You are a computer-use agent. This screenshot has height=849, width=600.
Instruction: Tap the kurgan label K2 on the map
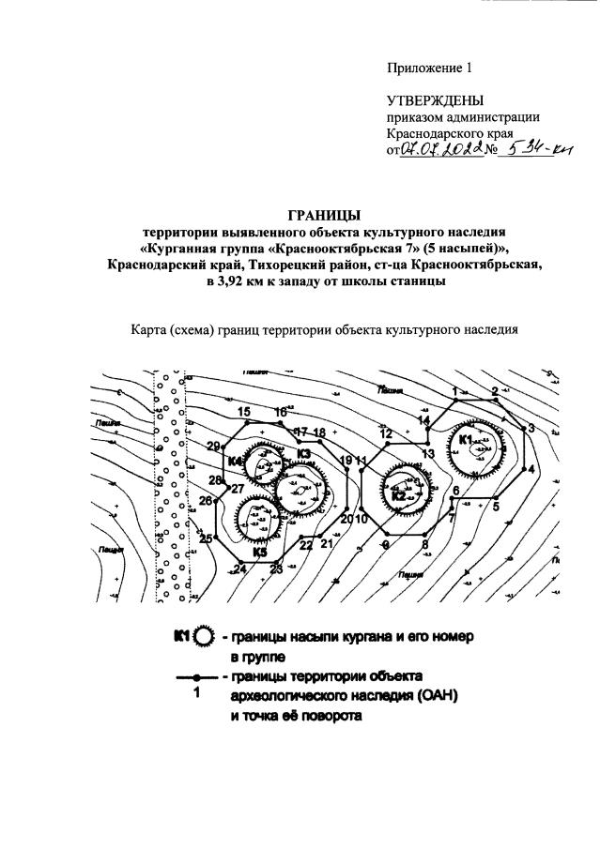coord(398,496)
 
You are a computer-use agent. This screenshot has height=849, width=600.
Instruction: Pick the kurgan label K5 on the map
coord(261,553)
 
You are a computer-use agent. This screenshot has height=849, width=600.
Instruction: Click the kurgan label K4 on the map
coord(236,462)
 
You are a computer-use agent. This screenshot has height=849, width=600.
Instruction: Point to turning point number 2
coord(495,390)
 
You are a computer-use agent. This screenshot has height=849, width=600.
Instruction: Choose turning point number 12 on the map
coord(385,434)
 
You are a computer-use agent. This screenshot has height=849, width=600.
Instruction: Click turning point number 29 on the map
coord(213,446)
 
